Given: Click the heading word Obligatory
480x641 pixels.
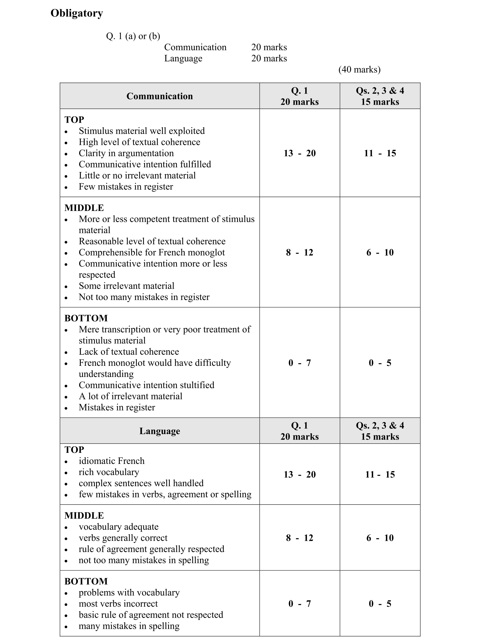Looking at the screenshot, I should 77,13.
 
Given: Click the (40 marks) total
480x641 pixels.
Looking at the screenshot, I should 359,70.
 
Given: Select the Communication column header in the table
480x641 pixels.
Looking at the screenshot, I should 159,96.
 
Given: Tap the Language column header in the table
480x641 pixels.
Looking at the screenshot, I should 159,431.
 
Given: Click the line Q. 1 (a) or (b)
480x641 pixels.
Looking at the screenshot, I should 133,36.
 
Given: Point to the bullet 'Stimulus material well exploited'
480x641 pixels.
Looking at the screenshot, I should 142,131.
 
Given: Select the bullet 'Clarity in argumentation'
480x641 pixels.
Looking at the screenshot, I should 126,153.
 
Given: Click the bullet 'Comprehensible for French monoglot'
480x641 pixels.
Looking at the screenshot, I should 152,252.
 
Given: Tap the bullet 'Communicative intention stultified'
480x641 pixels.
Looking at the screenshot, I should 147,385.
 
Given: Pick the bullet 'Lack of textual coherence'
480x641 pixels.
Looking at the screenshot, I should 129,352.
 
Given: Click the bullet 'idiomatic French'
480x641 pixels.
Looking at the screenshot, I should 111,461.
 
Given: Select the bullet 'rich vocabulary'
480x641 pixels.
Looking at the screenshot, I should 109,472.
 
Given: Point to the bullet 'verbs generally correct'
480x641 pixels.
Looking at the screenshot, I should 123,538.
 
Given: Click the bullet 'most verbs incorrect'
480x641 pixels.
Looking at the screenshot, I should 118,604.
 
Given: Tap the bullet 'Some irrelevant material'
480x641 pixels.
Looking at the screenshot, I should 126,286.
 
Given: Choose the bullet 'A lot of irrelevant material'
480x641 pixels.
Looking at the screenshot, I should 130,396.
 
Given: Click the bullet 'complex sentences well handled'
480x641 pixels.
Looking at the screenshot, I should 141,483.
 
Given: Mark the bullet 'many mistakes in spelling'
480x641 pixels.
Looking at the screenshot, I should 129,626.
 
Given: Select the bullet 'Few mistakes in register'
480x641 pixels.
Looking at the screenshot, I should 126,187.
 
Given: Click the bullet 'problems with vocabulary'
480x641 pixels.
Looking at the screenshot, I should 129,593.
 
